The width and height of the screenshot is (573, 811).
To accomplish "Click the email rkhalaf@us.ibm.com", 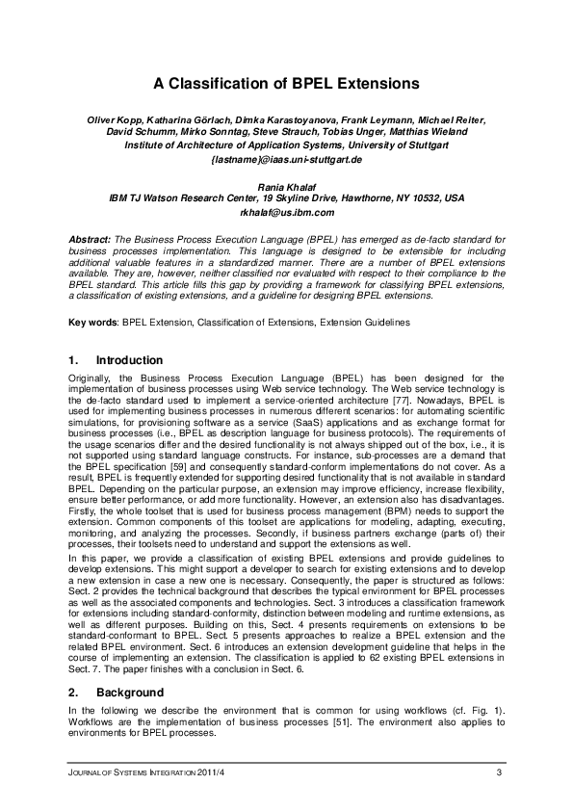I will (286, 212).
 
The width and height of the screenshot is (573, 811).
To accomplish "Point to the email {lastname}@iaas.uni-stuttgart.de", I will (286, 158).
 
